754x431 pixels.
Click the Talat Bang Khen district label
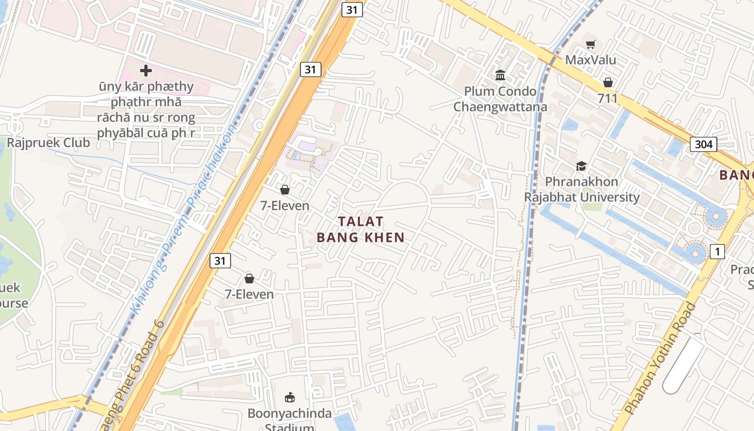(360, 230)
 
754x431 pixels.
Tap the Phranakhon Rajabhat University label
(582, 189)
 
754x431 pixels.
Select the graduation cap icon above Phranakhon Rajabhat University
(581, 166)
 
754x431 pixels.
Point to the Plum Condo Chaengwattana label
(500, 99)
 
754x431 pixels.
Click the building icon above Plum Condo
(500, 75)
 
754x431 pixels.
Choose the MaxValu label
(590, 60)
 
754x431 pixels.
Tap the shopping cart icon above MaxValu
(591, 44)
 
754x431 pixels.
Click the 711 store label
(608, 99)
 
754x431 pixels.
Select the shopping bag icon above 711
(608, 82)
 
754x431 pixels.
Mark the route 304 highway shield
(703, 144)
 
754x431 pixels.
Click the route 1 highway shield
(717, 251)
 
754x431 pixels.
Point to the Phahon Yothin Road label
(662, 359)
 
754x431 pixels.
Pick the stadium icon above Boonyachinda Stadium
(290, 398)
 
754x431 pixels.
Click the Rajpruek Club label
(48, 143)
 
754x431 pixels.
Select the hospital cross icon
(146, 71)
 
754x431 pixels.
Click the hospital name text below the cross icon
(146, 109)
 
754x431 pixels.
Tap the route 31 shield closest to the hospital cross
(310, 69)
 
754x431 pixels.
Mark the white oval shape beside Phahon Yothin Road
(683, 364)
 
